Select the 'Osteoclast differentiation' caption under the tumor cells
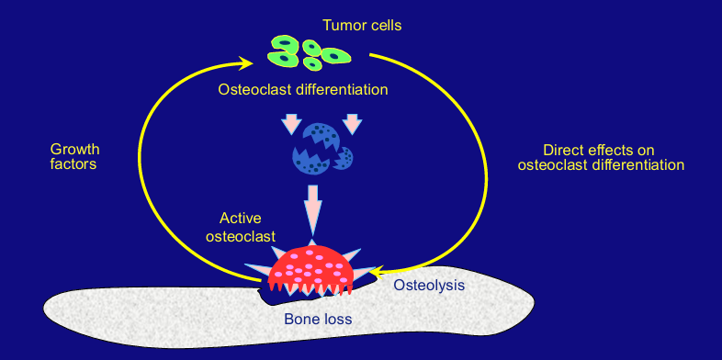[303, 90]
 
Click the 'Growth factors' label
[74, 156]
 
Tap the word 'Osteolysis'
[429, 285]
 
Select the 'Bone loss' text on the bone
[318, 319]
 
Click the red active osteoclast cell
[310, 267]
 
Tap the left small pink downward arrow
[291, 123]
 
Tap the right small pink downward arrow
[350, 123]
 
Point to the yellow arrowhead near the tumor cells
[247, 63]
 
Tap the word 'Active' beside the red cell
[241, 219]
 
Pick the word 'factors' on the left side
[73, 164]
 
